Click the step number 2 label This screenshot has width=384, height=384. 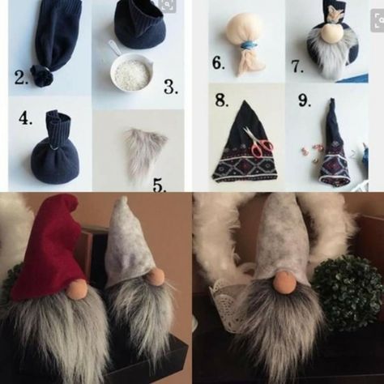click(21, 78)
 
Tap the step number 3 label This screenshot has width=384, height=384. click(171, 87)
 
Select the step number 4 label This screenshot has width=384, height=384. click(26, 118)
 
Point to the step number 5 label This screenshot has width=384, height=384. click(160, 186)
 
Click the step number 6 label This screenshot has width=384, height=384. click(219, 63)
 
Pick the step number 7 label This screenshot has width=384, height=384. click(297, 66)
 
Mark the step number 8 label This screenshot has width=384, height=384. click(222, 100)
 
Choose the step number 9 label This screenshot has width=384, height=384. click(305, 100)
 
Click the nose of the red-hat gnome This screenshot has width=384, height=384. click(76, 289)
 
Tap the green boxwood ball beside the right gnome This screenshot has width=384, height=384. click(348, 293)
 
